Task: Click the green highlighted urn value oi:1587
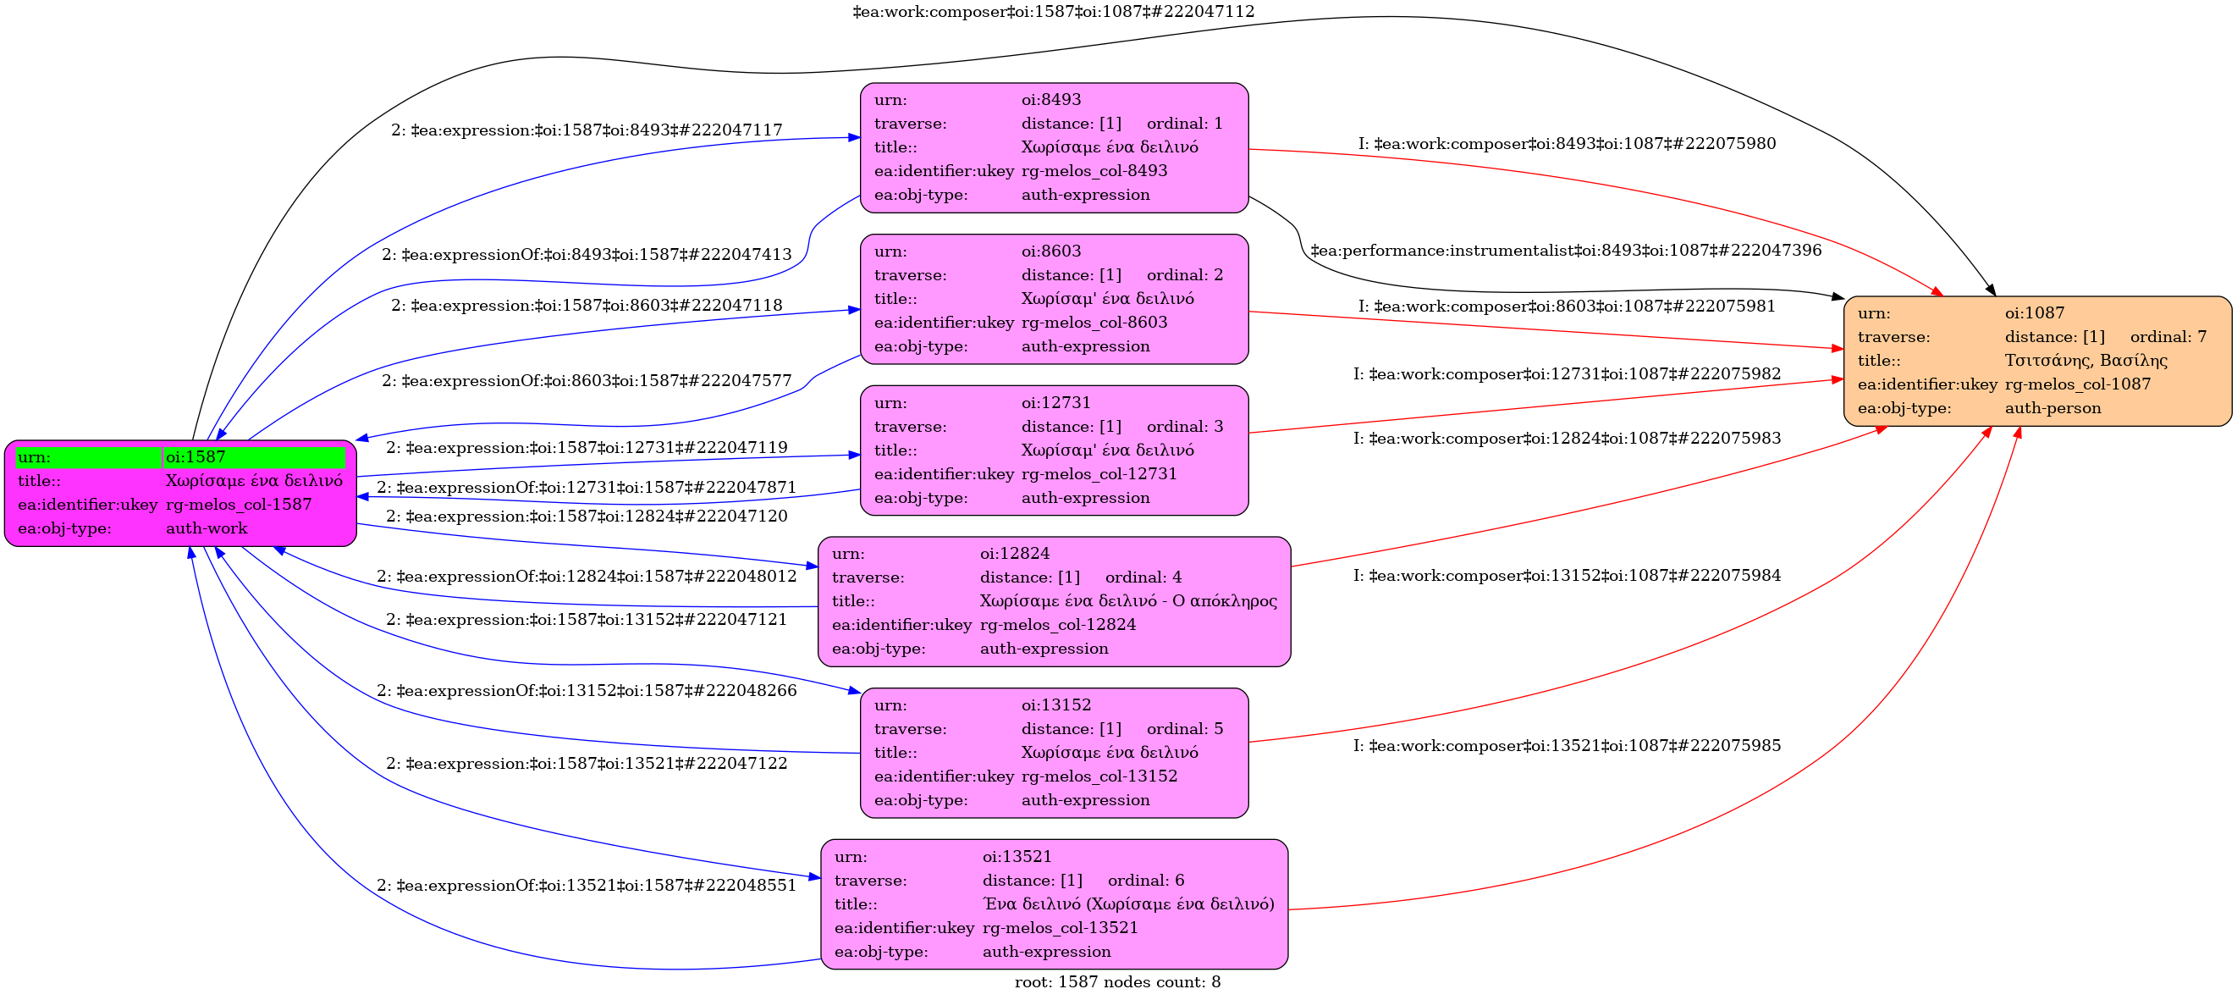tap(196, 457)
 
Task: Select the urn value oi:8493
tap(1050, 100)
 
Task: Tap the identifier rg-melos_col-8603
tap(1094, 323)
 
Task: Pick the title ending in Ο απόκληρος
tap(1128, 601)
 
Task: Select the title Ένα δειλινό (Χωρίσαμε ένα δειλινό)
tap(1128, 904)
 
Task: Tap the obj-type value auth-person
tap(2052, 408)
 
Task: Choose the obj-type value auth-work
tap(207, 528)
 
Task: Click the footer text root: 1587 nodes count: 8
tap(1117, 982)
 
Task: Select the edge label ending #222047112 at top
tap(1054, 11)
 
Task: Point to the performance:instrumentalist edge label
tap(1566, 251)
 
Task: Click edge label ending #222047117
tap(587, 130)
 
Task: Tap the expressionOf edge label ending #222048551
tap(587, 887)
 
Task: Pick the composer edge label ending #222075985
tap(1567, 746)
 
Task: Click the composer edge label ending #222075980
tap(1567, 144)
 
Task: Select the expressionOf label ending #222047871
tap(587, 489)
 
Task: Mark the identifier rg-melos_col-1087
tap(2077, 384)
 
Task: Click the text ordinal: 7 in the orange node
tap(2168, 337)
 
